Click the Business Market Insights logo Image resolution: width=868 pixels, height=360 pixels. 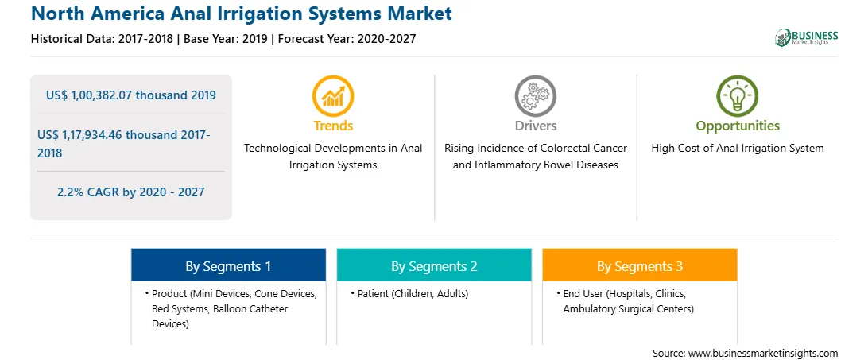pyautogui.click(x=806, y=37)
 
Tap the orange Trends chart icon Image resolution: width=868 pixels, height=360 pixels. pyautogui.click(x=333, y=96)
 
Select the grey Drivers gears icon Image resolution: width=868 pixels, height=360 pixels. pyautogui.click(x=535, y=96)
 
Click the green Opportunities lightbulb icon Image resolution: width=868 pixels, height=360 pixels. pyautogui.click(x=738, y=96)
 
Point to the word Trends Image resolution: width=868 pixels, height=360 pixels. pyautogui.click(x=333, y=126)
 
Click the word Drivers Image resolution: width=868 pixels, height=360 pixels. pyautogui.click(x=536, y=126)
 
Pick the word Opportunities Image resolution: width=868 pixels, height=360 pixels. pyautogui.click(x=738, y=126)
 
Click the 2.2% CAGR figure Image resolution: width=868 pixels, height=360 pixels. pyautogui.click(x=70, y=192)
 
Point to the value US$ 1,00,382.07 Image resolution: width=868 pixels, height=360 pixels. pyautogui.click(x=89, y=95)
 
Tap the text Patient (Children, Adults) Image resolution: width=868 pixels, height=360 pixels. pyautogui.click(x=413, y=293)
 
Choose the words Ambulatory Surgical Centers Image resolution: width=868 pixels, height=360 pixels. pyautogui.click(x=628, y=309)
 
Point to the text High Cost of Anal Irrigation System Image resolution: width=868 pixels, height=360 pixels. pyautogui.click(x=738, y=149)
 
